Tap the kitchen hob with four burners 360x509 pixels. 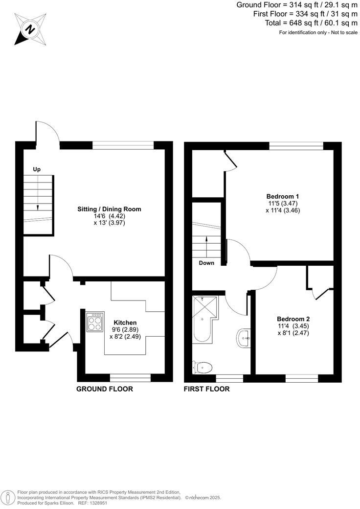click(x=95, y=322)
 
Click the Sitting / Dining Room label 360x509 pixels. click(x=109, y=209)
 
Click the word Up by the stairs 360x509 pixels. click(x=36, y=169)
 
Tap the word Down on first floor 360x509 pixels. click(x=206, y=263)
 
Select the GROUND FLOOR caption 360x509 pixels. click(x=105, y=389)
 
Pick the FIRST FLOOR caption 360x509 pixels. click(x=206, y=389)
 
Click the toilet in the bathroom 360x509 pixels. click(x=202, y=367)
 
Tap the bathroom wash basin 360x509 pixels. click(x=243, y=338)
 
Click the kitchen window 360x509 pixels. click(x=130, y=377)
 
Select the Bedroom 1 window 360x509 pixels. click(x=296, y=145)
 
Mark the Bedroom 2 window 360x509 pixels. click(x=302, y=378)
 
